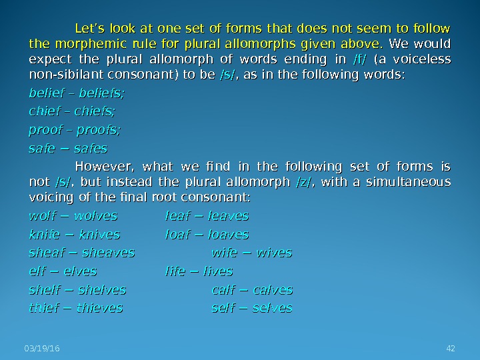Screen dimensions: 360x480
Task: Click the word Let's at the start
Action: [90, 29]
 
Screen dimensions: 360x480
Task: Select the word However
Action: [101, 166]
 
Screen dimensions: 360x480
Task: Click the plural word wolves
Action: [95, 216]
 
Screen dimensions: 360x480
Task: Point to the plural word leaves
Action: [228, 216]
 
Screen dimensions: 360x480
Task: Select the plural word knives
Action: [99, 235]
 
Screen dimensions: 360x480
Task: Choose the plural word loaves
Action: [228, 235]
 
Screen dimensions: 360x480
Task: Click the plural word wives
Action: [273, 253]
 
